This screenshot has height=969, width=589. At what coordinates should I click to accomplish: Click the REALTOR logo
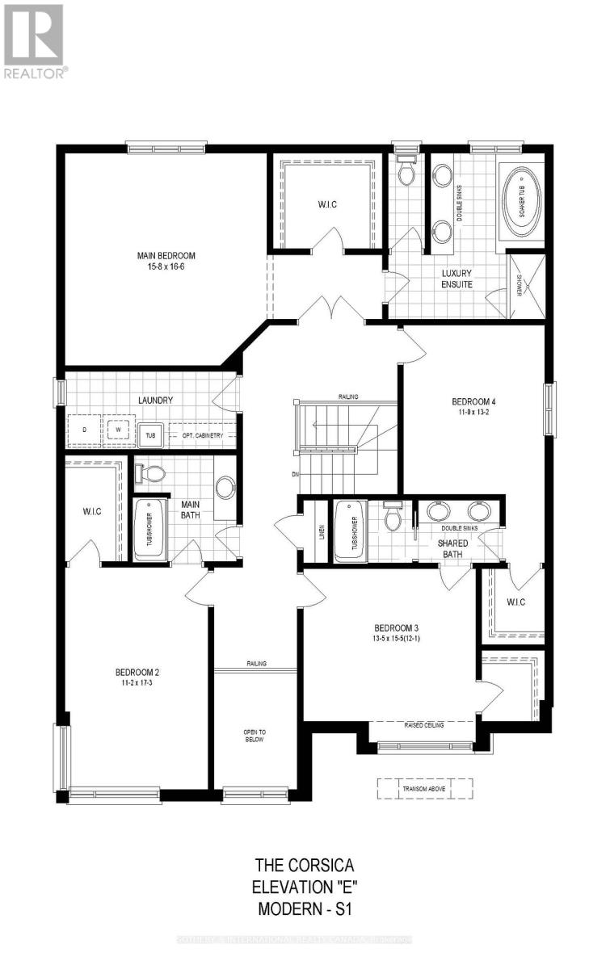(34, 40)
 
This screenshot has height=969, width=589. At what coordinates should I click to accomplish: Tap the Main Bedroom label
(166, 256)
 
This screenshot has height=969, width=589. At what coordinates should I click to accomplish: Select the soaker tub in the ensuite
(522, 203)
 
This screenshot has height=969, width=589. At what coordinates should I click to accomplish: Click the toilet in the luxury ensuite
(406, 171)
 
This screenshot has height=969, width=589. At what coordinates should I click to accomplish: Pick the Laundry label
(155, 400)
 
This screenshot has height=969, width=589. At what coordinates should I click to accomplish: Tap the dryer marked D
(84, 430)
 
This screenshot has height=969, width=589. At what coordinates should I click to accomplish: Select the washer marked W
(118, 430)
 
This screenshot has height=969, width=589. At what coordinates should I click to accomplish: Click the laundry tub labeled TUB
(150, 434)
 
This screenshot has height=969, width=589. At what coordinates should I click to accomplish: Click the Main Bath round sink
(226, 487)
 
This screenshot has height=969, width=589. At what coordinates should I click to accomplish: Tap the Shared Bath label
(453, 548)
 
